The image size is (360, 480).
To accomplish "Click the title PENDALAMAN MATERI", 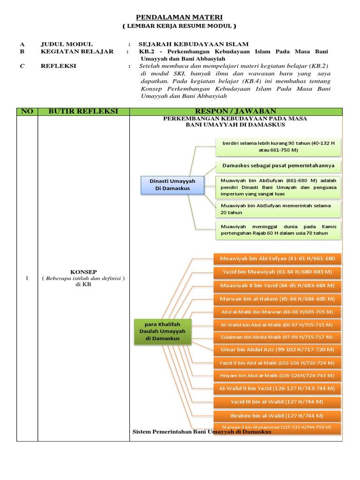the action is click(x=180, y=17).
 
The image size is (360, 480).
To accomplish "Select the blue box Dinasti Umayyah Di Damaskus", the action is click(x=172, y=185).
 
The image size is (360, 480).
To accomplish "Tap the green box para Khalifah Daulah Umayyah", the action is click(x=162, y=331).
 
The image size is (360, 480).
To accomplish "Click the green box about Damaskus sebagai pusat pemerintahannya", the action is click(x=278, y=166).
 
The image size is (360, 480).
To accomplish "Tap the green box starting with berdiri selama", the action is click(x=278, y=147).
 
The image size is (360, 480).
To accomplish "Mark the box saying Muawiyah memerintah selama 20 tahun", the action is click(x=278, y=209).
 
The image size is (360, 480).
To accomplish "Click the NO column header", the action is click(x=27, y=112).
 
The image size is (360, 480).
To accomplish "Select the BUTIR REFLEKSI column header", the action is click(x=83, y=112).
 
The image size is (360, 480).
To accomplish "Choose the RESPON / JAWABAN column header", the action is click(x=236, y=112).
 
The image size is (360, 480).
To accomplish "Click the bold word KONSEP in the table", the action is click(x=83, y=271).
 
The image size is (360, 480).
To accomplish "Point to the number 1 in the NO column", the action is click(x=27, y=278).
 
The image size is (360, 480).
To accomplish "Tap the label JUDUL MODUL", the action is click(x=67, y=44).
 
